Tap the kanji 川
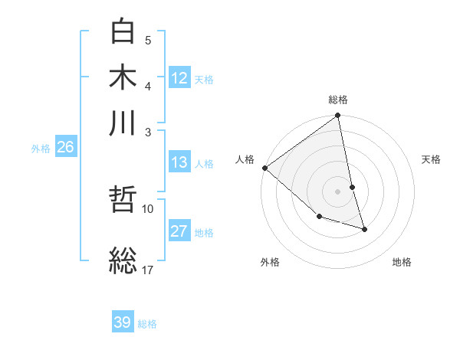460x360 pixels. point(123,123)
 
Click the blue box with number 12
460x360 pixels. point(179,78)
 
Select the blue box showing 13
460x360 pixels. point(179,162)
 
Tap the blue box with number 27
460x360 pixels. point(179,231)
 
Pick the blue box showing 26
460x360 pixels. point(65,148)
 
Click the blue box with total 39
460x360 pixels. point(123,322)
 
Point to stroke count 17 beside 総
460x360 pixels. point(148,270)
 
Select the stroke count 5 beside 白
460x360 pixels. point(148,40)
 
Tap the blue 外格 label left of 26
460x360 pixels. point(40,149)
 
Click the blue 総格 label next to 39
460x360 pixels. point(147,324)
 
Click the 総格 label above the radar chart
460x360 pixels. point(338,100)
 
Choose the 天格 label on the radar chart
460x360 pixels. point(431,159)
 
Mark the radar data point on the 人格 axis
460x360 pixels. point(264,167)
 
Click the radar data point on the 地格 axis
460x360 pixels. point(364,228)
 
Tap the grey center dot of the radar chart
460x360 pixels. point(338,191)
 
